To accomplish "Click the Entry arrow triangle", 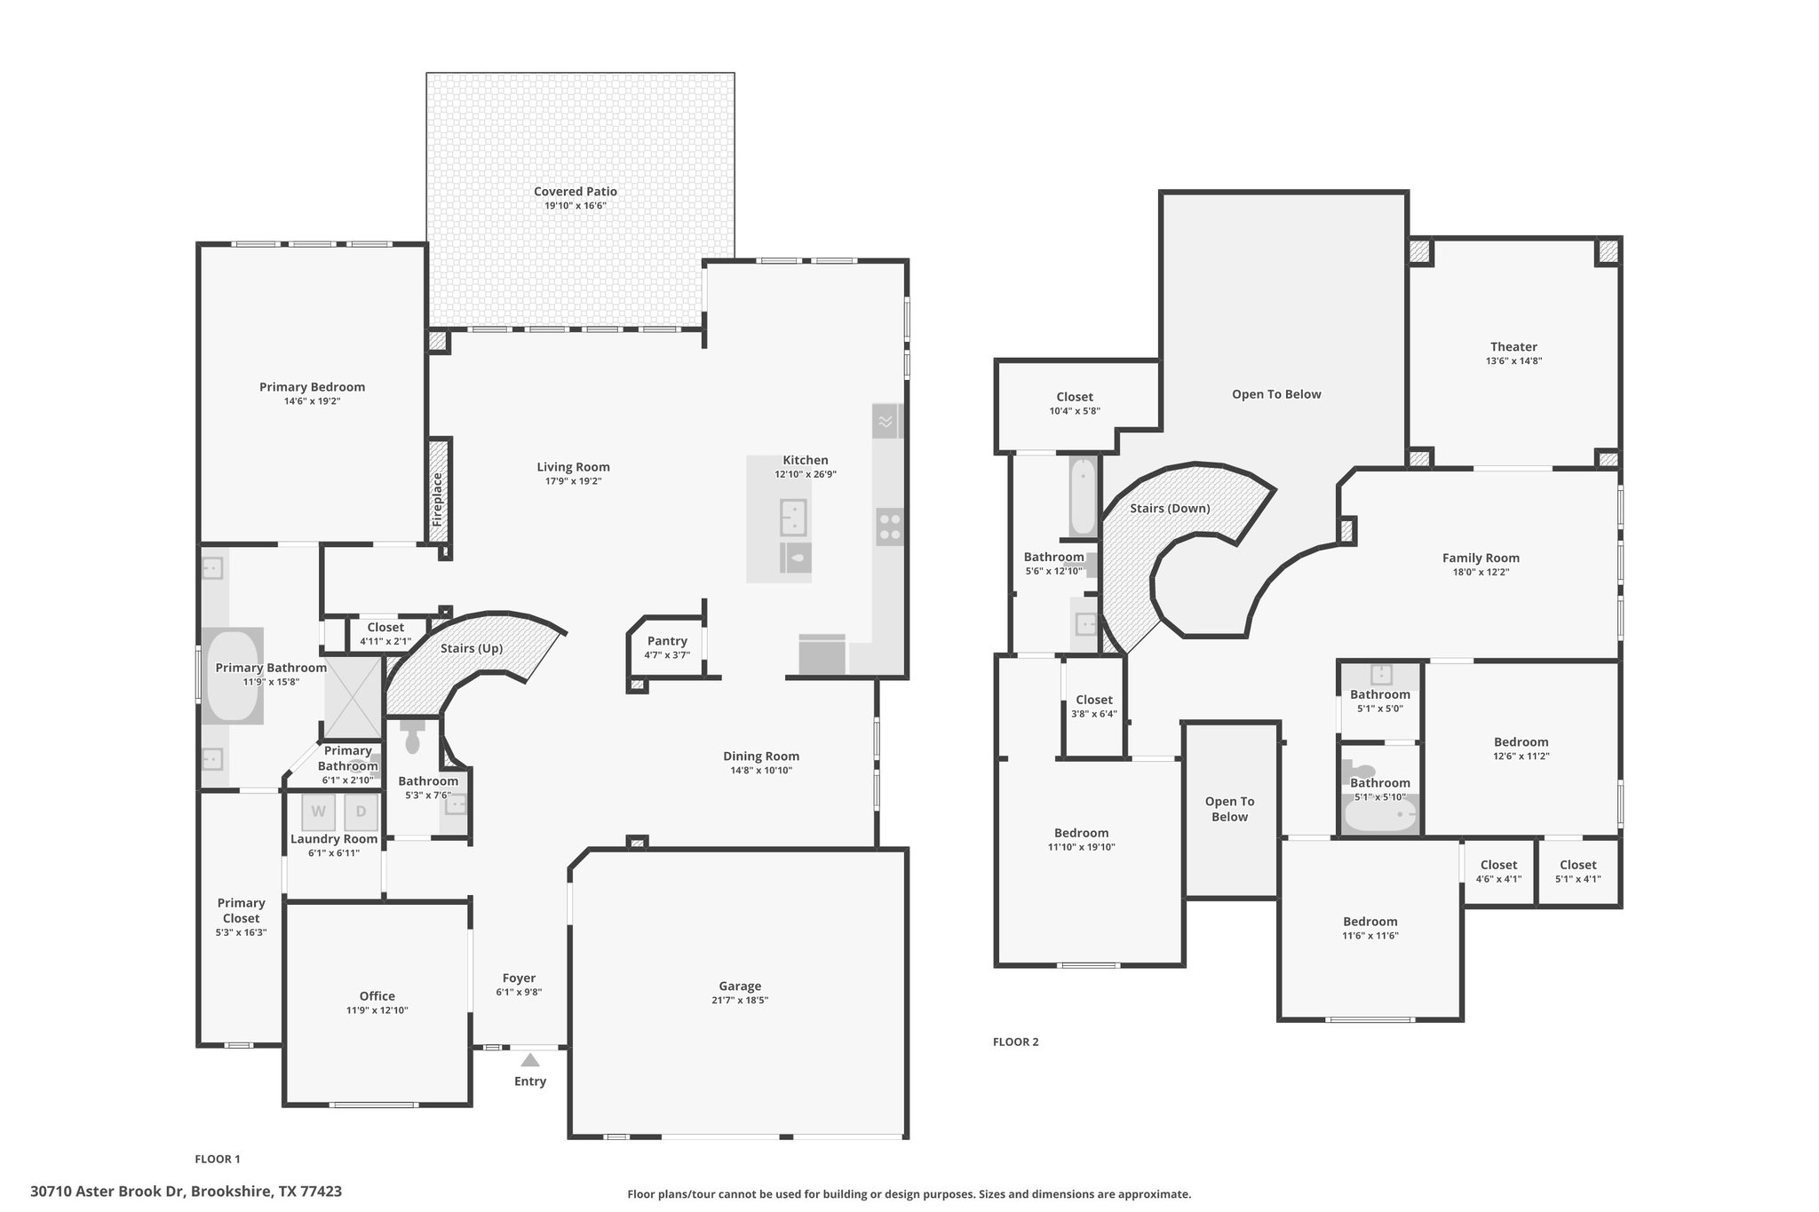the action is click(530, 1059).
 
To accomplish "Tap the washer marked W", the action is click(319, 812).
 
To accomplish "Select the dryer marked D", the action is click(361, 812).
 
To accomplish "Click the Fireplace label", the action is click(437, 499).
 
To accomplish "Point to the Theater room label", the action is click(1513, 347).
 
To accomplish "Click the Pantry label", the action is click(667, 641).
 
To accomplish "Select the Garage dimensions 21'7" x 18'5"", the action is click(740, 1000).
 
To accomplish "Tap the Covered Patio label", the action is click(576, 191).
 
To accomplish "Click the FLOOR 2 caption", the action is click(1015, 1042).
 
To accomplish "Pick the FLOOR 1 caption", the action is click(218, 1159).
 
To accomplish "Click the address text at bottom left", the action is click(186, 1192).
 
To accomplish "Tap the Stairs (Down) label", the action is click(1170, 509).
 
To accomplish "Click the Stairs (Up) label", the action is click(472, 648).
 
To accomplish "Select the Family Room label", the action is click(1481, 558).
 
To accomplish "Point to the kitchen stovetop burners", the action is click(890, 527).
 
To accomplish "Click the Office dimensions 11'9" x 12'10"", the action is click(377, 1010).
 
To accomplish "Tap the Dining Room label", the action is click(761, 757).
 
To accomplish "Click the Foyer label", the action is click(519, 978).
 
